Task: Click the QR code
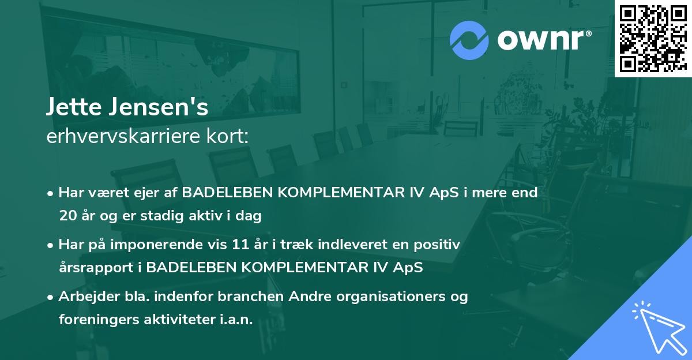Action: coord(653,39)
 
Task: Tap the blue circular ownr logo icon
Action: coord(469,40)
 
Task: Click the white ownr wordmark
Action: coord(544,40)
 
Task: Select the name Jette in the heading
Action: coord(74,107)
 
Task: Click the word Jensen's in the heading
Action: coord(159,107)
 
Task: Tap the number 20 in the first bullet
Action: coord(68,215)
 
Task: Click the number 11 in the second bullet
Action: coord(240,245)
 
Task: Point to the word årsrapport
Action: coord(96,268)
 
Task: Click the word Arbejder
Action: coord(89,297)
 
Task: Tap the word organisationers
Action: coord(391,297)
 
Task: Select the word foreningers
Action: coord(99,320)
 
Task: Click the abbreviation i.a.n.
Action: coord(236,319)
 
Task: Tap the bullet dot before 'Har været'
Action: coord(50,194)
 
